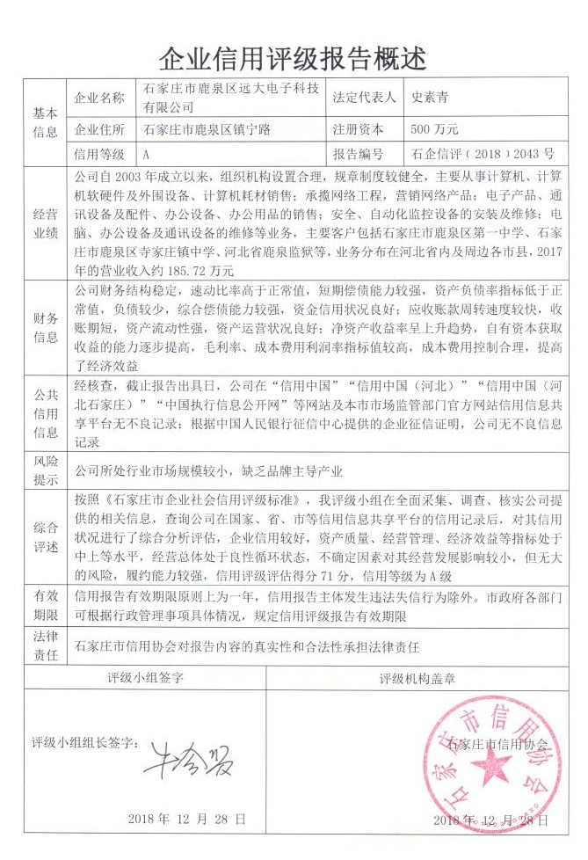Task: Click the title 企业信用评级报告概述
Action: point(294,59)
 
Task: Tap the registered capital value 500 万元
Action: point(434,129)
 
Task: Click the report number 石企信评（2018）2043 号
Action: point(481,153)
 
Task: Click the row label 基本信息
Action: point(45,122)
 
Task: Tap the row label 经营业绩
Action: point(45,222)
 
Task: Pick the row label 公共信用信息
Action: point(45,407)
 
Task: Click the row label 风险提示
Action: point(45,470)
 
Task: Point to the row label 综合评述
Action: point(45,537)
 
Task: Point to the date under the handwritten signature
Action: point(186,818)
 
